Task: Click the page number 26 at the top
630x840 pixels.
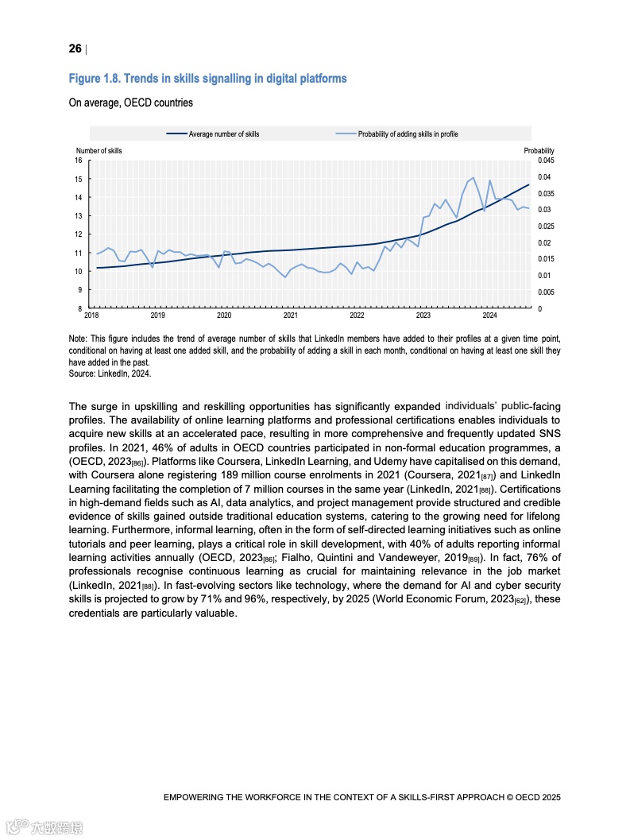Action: [75, 49]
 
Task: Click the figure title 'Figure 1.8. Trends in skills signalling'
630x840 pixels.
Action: [207, 79]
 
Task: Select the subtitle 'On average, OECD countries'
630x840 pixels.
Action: [130, 103]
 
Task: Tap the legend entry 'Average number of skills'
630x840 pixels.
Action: [223, 134]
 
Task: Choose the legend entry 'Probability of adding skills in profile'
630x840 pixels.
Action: [408, 134]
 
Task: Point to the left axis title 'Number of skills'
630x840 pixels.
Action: [99, 151]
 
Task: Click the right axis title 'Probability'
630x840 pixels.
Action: [539, 151]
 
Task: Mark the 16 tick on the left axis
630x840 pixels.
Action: [79, 161]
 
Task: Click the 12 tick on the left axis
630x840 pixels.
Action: [79, 234]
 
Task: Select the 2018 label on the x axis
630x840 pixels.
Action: [91, 315]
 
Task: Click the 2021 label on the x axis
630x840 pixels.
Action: [290, 315]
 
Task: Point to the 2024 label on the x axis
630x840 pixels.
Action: [489, 315]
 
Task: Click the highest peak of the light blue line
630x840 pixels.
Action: [473, 178]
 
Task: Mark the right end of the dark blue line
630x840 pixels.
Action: [528, 184]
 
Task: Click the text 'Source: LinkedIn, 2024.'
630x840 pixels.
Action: [110, 373]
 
